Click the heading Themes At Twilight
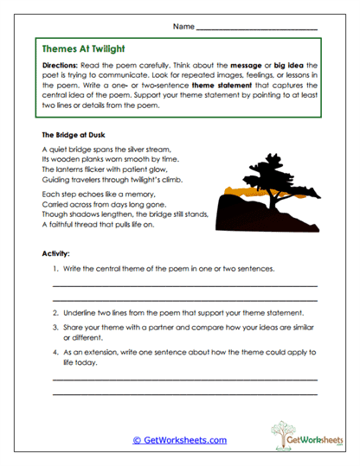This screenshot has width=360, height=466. [x=89, y=49]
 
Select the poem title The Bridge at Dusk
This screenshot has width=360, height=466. [x=73, y=136]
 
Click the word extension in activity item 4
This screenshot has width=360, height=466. [x=105, y=353]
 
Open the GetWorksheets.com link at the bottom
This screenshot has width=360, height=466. [x=179, y=440]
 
